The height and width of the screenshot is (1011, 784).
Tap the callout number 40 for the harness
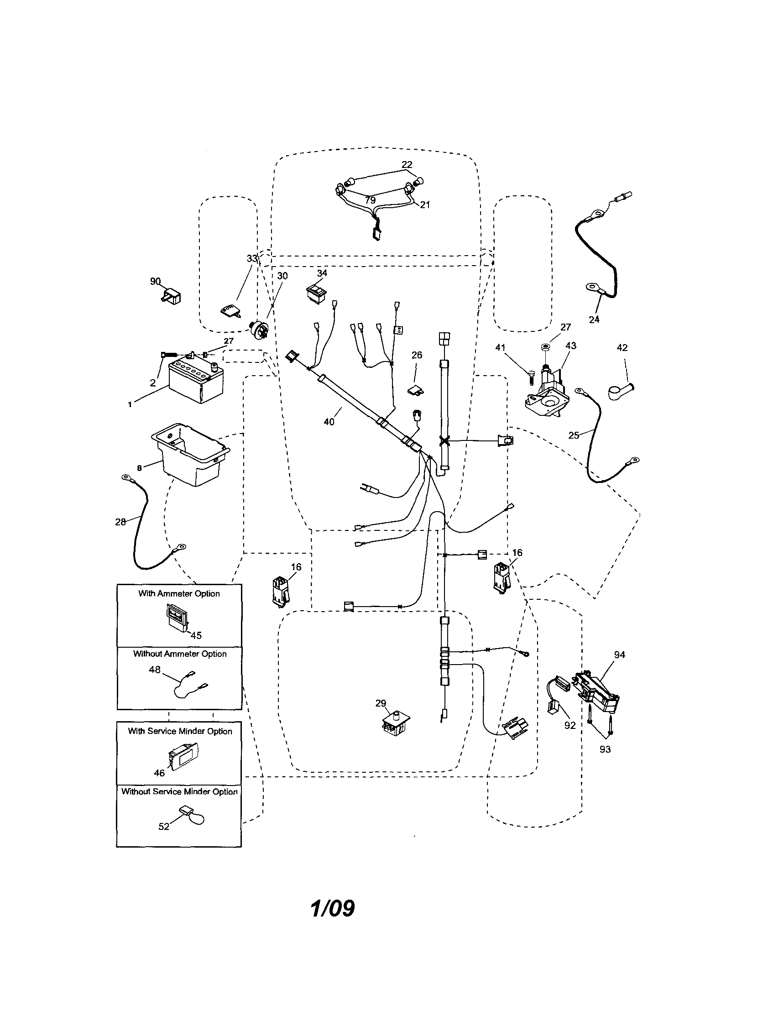(x=329, y=422)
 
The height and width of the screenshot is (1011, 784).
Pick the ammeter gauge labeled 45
(x=176, y=619)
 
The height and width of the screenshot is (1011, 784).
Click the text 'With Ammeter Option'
(x=179, y=593)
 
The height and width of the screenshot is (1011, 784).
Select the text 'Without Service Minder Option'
(x=179, y=791)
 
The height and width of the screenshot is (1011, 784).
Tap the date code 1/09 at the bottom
(x=332, y=908)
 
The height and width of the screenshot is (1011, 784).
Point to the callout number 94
(x=620, y=655)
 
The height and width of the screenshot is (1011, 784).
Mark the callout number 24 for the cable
(x=594, y=319)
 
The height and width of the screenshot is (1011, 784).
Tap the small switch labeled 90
(x=172, y=295)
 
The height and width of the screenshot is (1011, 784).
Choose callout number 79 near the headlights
(x=370, y=200)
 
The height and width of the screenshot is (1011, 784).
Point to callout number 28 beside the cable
(x=120, y=522)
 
